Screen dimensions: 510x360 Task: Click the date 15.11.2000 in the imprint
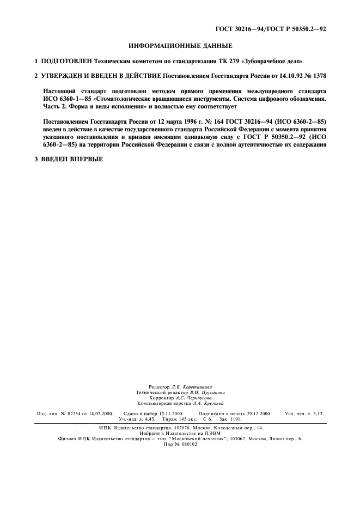click(166, 414)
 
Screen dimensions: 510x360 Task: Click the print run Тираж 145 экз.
click(179, 420)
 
